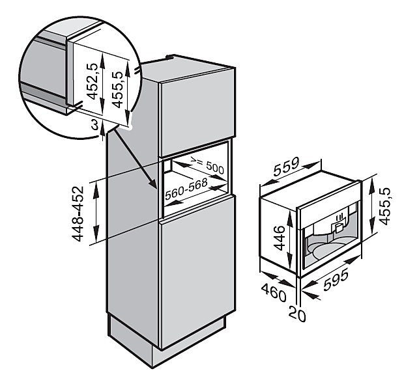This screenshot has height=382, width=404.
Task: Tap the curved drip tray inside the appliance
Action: point(326,251)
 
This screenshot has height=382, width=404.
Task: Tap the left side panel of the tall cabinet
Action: point(134,247)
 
